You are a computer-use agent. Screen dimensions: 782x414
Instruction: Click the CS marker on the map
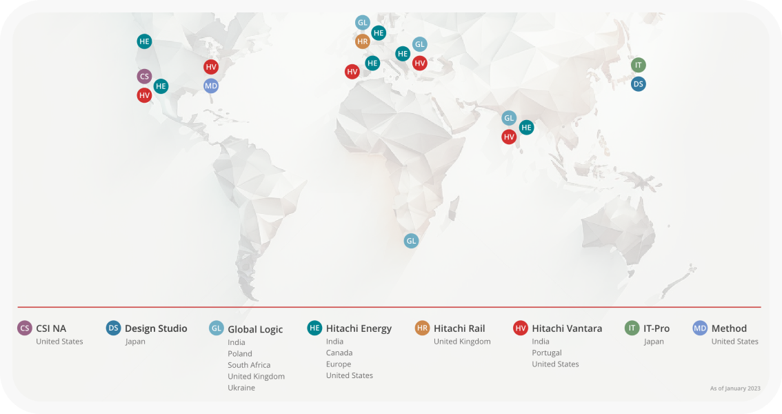(x=144, y=76)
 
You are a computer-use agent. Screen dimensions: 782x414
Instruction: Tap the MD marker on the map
(x=211, y=86)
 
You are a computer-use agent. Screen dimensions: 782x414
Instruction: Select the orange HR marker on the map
(x=363, y=41)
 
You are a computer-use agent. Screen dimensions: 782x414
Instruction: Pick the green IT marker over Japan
(x=639, y=65)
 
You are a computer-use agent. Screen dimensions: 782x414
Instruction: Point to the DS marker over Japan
(x=639, y=83)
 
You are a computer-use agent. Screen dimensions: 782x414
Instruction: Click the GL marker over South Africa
(x=411, y=241)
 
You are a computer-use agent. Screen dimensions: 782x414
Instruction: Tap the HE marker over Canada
(x=144, y=41)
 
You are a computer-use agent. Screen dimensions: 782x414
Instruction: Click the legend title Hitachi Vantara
(x=567, y=328)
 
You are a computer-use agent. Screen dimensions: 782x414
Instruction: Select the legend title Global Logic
(x=255, y=329)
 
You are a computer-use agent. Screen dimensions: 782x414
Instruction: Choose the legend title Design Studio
(x=156, y=328)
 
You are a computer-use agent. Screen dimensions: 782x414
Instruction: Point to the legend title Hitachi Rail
(x=459, y=328)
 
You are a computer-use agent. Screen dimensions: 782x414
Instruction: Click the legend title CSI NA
(x=51, y=328)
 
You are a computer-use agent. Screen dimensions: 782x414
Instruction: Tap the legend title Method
(x=729, y=328)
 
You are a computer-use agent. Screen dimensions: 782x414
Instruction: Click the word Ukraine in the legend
(x=241, y=388)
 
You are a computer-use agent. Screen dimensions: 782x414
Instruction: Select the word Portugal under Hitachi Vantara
(x=547, y=353)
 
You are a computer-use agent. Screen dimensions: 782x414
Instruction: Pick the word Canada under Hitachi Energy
(x=339, y=353)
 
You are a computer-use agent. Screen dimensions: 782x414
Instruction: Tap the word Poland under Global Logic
(x=240, y=354)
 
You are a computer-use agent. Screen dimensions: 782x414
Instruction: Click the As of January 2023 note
(x=735, y=388)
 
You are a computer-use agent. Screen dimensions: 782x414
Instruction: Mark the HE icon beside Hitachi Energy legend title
(x=314, y=328)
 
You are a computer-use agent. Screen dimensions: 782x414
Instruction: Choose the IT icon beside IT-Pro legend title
(x=632, y=328)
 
